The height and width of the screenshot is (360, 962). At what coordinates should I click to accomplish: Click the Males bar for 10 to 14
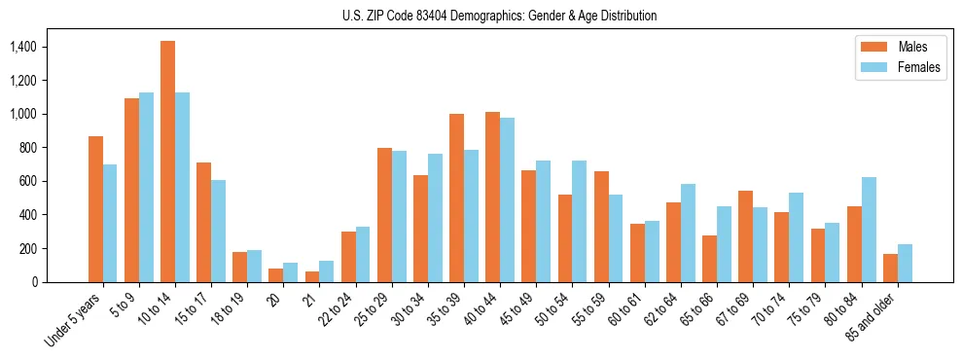pyautogui.click(x=167, y=162)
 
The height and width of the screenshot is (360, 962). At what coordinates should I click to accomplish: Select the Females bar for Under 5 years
pyautogui.click(x=110, y=223)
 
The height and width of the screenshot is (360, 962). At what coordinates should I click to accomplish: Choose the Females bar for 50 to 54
pyautogui.click(x=580, y=221)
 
